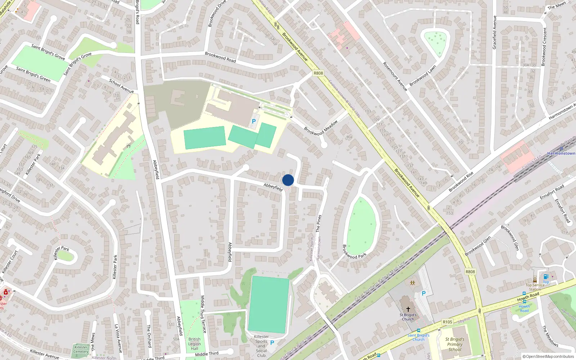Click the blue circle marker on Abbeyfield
click(x=288, y=180)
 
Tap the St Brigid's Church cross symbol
click(x=408, y=309)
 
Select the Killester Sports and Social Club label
click(x=261, y=346)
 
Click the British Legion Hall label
click(x=194, y=344)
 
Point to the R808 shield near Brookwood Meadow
click(x=318, y=73)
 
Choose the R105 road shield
click(x=447, y=322)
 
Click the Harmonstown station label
click(x=561, y=153)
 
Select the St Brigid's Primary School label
click(x=455, y=344)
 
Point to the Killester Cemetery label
click(x=81, y=350)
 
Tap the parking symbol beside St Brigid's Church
click(x=423, y=293)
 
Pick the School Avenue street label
click(x=121, y=86)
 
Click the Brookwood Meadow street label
click(x=321, y=128)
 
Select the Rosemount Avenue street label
click(x=395, y=76)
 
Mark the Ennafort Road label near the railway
click(x=552, y=192)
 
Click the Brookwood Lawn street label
click(x=423, y=76)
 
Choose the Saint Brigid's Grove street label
click(x=48, y=52)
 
